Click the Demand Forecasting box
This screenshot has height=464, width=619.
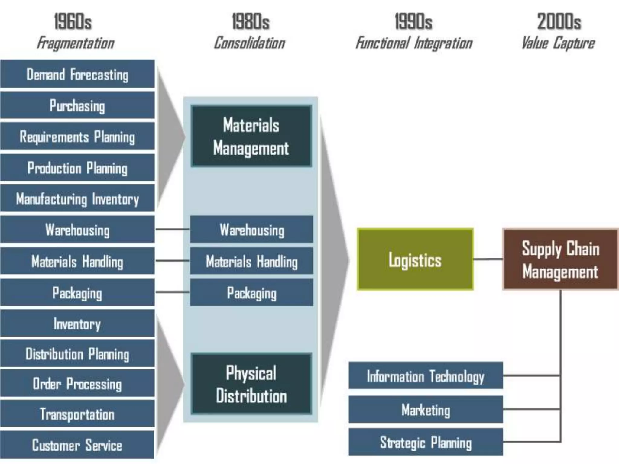[x=77, y=74]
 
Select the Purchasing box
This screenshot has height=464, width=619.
[x=77, y=105]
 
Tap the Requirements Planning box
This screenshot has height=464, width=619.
[x=77, y=137]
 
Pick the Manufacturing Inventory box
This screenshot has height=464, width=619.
[x=77, y=198]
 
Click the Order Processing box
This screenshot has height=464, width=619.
[x=77, y=384]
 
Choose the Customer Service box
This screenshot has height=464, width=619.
[x=77, y=445]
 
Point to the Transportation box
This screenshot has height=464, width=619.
[x=77, y=414]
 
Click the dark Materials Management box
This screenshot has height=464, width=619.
[x=251, y=136]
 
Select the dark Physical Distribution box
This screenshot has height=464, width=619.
[x=251, y=384]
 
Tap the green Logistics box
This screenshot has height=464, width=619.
[x=415, y=259]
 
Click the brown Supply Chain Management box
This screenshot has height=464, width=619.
[x=560, y=259]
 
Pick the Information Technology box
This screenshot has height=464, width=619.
[x=426, y=376]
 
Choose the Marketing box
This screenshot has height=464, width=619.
[x=426, y=410]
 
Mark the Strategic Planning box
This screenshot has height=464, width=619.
[x=426, y=442]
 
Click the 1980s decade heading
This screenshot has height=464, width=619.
[x=251, y=22]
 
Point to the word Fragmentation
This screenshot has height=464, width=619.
[x=76, y=43]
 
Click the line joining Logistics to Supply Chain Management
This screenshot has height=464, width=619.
[x=488, y=259]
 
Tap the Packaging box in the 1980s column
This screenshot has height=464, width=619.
[x=251, y=292]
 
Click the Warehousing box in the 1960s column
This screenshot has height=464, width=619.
[x=77, y=230]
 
